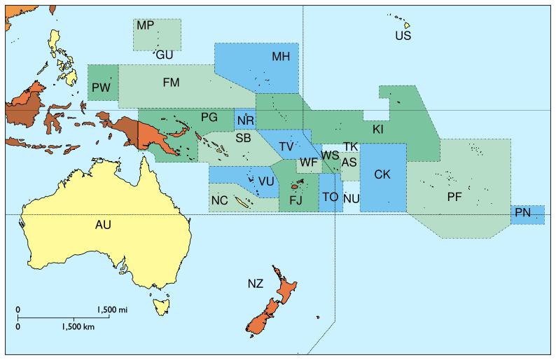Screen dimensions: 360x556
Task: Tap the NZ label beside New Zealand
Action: click(x=256, y=284)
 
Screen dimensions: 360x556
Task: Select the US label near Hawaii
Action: click(x=403, y=36)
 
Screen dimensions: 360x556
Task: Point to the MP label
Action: click(x=145, y=26)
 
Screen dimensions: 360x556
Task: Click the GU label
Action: click(x=165, y=55)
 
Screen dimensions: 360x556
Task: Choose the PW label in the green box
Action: click(x=100, y=87)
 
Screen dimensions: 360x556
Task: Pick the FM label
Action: click(x=171, y=83)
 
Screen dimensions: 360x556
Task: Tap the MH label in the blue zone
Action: click(x=281, y=57)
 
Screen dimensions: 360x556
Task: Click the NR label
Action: click(x=245, y=120)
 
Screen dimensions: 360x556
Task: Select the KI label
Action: click(x=377, y=130)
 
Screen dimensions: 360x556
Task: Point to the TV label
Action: click(x=286, y=146)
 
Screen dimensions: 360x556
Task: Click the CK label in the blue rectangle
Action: click(x=382, y=174)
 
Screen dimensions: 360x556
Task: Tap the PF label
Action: click(x=454, y=198)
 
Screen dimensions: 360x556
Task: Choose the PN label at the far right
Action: click(x=522, y=212)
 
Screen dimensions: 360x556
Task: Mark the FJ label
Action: click(x=296, y=200)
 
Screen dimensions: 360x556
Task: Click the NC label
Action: click(x=219, y=201)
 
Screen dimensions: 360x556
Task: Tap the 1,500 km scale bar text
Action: click(x=78, y=326)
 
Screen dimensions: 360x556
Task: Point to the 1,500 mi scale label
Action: click(x=112, y=309)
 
